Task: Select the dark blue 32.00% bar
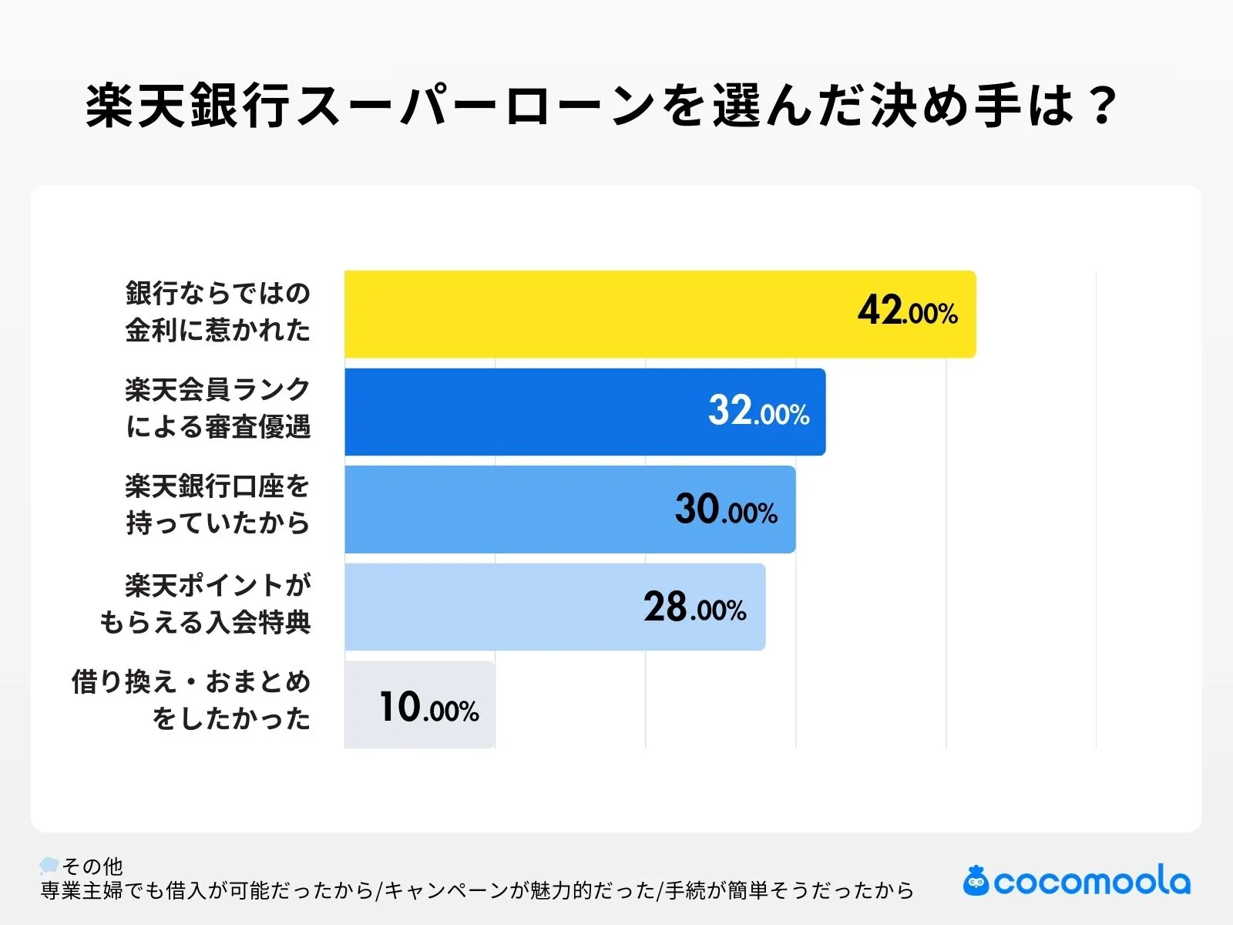tap(524, 412)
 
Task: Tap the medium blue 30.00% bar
tap(509, 510)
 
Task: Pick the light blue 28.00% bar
tap(493, 607)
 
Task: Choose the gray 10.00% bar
tap(362, 705)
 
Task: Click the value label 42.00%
tap(907, 311)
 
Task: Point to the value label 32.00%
tap(758, 411)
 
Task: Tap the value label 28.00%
tap(694, 608)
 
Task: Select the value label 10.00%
tap(428, 707)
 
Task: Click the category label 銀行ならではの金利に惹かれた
tap(218, 311)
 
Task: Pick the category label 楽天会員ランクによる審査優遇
tap(218, 409)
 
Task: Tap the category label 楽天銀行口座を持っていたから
tap(218, 506)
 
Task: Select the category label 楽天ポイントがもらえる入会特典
tap(206, 604)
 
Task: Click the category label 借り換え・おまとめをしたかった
tap(192, 701)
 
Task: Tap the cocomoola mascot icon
tap(976, 880)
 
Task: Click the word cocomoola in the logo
tap(1092, 882)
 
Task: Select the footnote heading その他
tap(92, 866)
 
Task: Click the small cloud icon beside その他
tap(49, 865)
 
